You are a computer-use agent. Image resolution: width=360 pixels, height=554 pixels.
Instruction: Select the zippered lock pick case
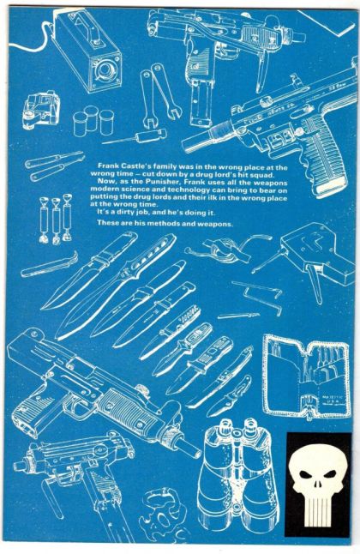click(308, 377)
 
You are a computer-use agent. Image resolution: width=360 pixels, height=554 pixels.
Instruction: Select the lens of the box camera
click(105, 70)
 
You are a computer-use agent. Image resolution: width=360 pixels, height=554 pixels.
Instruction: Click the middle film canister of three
click(91, 118)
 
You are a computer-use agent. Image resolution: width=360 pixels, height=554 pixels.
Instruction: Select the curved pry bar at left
click(50, 264)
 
